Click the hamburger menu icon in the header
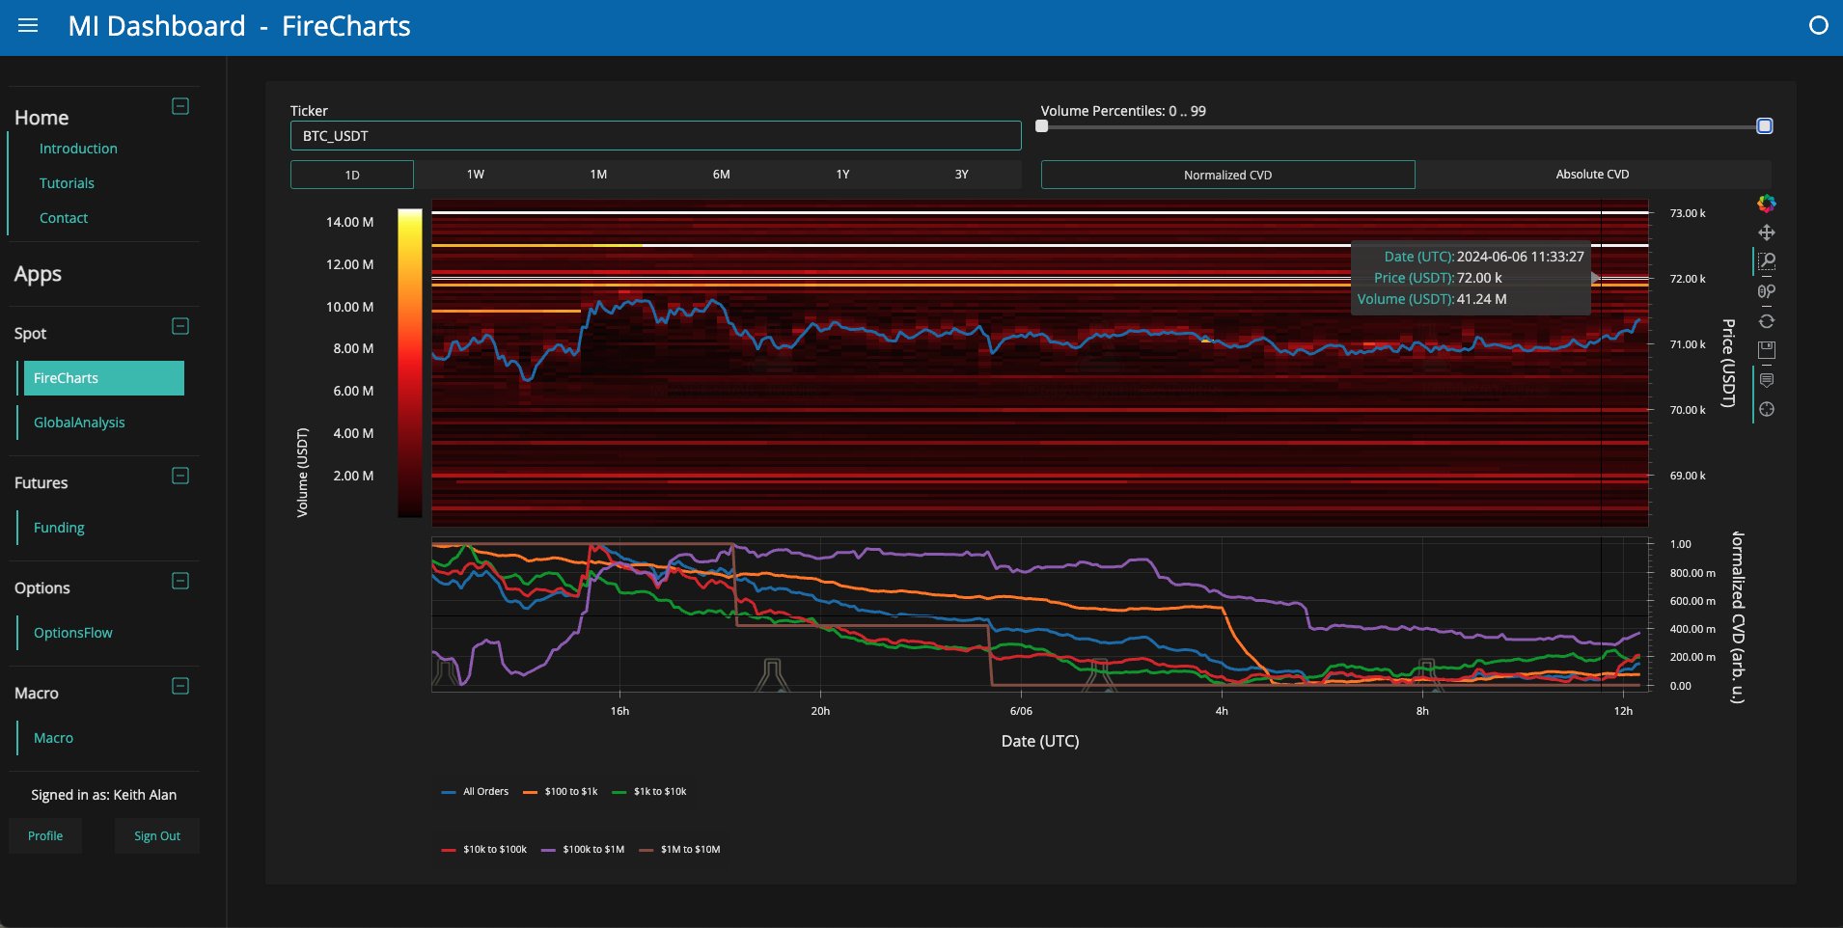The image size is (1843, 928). (x=28, y=26)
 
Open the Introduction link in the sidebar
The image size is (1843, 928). (x=78, y=149)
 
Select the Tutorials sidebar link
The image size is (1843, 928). (x=67, y=183)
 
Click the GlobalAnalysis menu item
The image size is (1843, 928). (x=79, y=423)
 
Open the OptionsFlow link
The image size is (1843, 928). (x=73, y=633)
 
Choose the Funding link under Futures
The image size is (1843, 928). (x=59, y=528)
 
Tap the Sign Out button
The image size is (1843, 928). (x=157, y=836)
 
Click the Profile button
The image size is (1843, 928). (x=45, y=836)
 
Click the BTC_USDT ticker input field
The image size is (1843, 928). (x=655, y=136)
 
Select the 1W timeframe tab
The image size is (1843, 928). (x=475, y=175)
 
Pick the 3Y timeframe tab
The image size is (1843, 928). (x=961, y=175)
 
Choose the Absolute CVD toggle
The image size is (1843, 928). (x=1592, y=175)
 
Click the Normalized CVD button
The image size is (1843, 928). (x=1227, y=175)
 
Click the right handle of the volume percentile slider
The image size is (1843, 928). (x=1765, y=126)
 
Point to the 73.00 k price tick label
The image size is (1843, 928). (x=1688, y=213)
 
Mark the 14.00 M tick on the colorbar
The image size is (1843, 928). (x=349, y=222)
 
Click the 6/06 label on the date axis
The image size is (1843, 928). (x=1021, y=711)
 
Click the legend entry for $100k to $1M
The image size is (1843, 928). (x=583, y=850)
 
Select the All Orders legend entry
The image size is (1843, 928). (x=475, y=792)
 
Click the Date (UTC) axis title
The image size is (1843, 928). (x=1040, y=741)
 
